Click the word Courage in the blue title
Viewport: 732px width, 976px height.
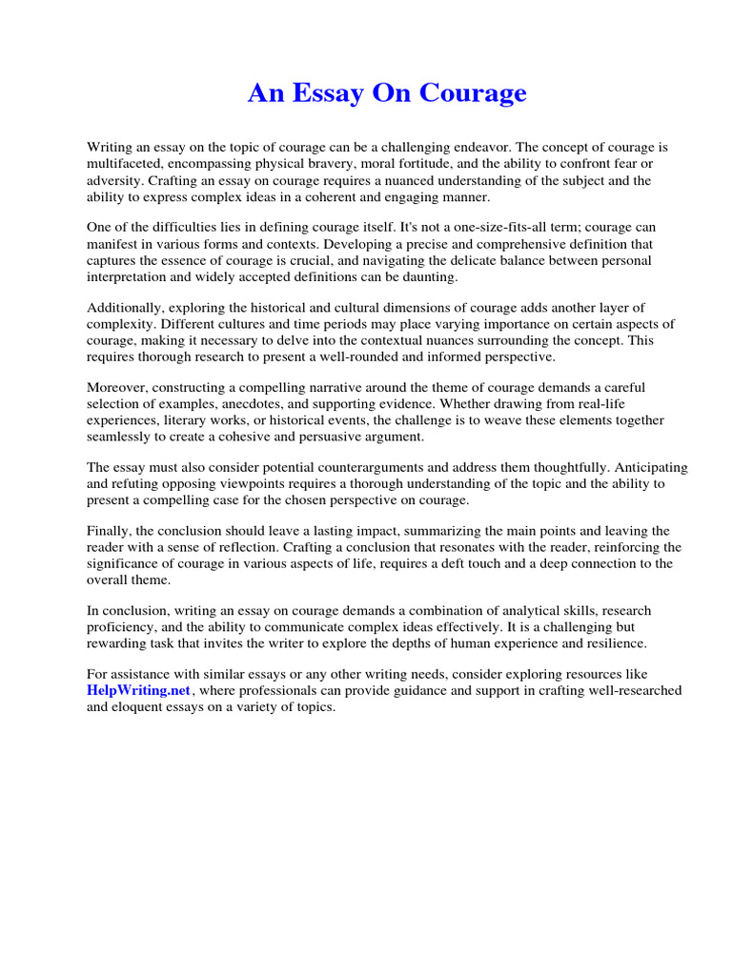473,93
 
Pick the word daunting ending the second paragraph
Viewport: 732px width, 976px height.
429,276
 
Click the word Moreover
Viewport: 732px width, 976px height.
119,388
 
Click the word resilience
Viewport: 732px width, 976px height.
617,643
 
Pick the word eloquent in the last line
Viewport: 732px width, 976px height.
142,707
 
